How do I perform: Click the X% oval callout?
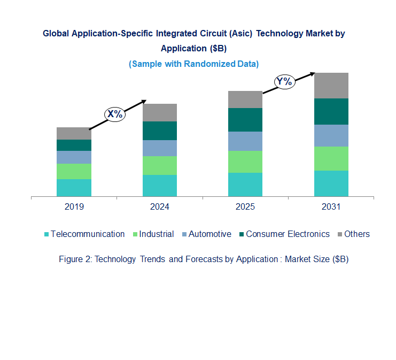tap(115, 113)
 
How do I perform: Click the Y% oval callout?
tap(284, 82)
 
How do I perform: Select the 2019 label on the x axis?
tap(74, 206)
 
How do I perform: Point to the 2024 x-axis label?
tap(159, 206)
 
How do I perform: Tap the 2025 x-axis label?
tap(245, 206)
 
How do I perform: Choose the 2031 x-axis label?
tap(331, 206)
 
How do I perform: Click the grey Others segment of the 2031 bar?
tap(331, 85)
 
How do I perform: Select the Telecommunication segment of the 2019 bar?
tap(74, 188)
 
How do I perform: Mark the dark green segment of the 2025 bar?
tap(245, 120)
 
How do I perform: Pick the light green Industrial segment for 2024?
tap(159, 165)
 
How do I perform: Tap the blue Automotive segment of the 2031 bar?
tap(331, 135)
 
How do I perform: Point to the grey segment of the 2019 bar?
tap(74, 133)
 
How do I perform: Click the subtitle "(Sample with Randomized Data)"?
tap(193, 64)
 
